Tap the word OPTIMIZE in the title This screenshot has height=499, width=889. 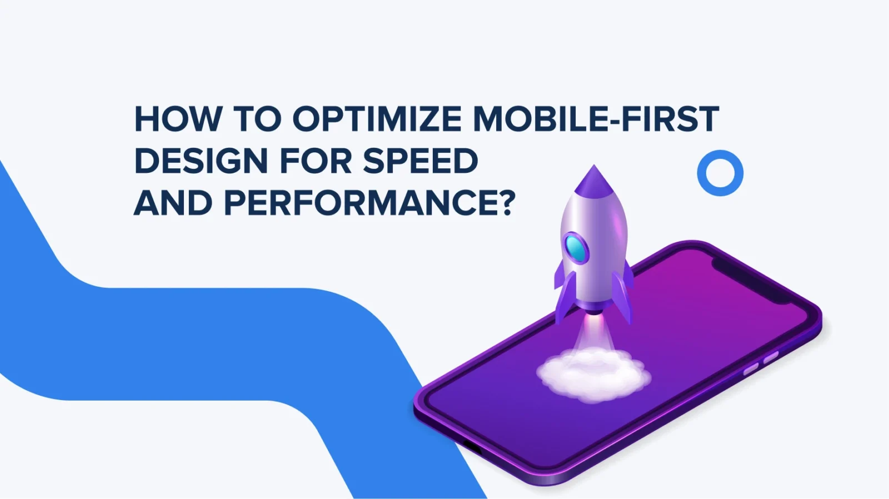(x=377, y=119)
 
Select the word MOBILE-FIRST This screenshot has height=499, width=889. (x=596, y=119)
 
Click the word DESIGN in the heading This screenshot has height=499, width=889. (x=201, y=161)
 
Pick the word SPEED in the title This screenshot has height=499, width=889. (x=420, y=161)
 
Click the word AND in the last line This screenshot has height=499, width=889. (x=173, y=203)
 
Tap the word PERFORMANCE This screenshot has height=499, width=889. (x=360, y=203)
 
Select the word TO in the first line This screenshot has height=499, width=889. (x=257, y=119)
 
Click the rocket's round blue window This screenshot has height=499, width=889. (x=576, y=248)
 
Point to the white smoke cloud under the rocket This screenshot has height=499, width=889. (x=593, y=373)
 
